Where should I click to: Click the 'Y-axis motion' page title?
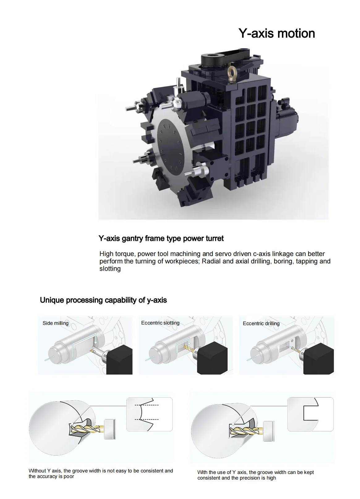(x=276, y=33)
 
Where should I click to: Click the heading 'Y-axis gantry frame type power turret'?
(x=161, y=239)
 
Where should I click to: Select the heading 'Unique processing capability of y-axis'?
(x=103, y=300)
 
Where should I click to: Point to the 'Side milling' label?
(x=56, y=323)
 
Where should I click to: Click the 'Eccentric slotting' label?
(x=160, y=323)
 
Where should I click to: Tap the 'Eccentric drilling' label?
(x=261, y=324)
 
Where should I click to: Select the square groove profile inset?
(x=310, y=414)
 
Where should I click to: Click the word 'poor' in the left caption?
(x=69, y=476)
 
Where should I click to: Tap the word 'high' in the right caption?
(x=271, y=478)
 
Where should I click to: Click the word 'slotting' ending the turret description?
(x=110, y=269)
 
